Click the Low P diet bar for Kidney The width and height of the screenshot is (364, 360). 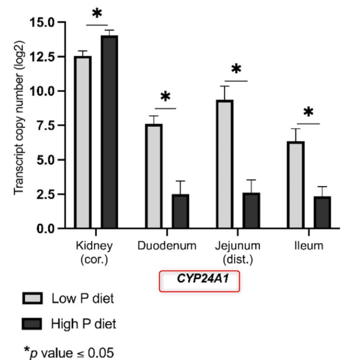click(x=83, y=142)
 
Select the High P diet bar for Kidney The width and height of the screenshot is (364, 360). click(x=110, y=132)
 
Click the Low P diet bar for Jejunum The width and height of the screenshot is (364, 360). click(x=225, y=164)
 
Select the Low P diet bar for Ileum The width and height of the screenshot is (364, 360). click(x=296, y=185)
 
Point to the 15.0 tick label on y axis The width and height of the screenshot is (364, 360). click(x=42, y=22)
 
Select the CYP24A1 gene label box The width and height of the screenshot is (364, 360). click(x=200, y=281)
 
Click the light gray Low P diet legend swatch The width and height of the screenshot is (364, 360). click(x=33, y=298)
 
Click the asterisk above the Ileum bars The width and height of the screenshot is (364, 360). click(x=309, y=113)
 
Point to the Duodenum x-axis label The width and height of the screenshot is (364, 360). click(x=167, y=245)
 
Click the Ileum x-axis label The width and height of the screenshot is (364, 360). click(x=309, y=245)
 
